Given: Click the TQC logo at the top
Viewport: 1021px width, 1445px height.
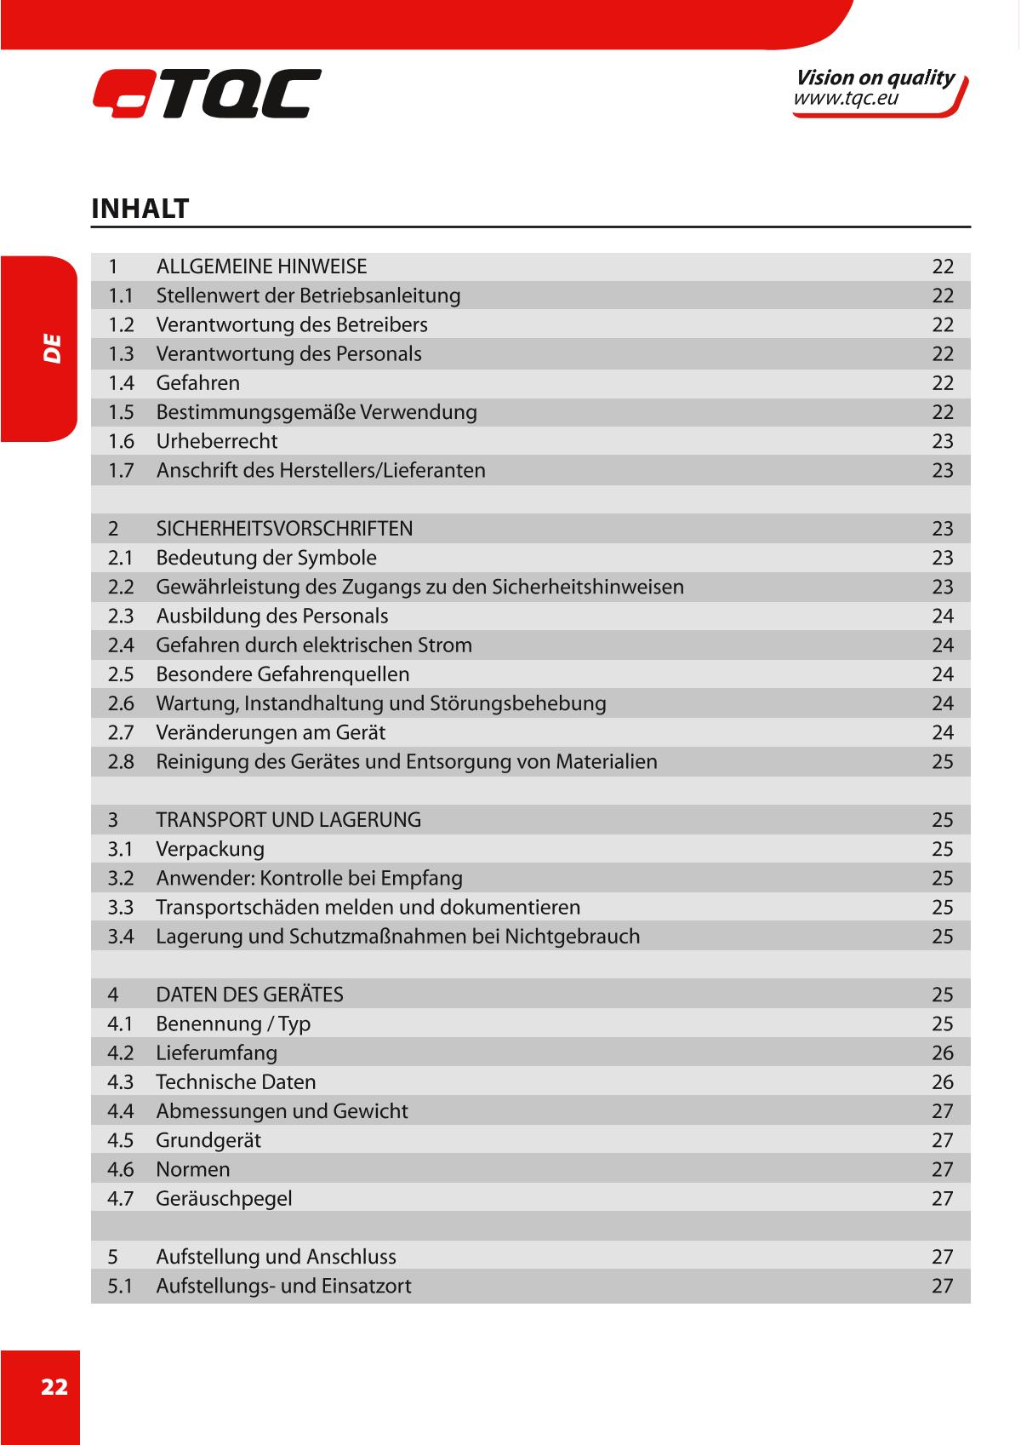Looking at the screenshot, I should click(207, 93).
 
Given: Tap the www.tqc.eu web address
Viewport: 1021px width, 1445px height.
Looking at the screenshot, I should click(846, 99).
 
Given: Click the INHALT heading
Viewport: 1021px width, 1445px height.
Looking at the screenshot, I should click(140, 209).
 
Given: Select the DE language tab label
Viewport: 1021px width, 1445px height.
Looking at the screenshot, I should click(53, 349).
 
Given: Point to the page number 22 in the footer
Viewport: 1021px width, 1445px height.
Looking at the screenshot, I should click(54, 1387).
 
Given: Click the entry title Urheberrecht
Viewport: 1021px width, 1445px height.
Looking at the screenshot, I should click(216, 441).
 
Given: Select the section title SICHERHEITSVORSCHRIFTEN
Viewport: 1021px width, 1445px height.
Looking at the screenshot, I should click(284, 529).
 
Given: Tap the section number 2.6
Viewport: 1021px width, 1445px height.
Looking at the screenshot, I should click(121, 703).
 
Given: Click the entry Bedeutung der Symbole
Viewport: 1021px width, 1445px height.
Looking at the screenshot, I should click(265, 558).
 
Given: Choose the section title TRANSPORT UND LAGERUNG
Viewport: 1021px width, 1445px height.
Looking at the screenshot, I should click(288, 820).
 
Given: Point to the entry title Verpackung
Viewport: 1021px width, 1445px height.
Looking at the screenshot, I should click(209, 849).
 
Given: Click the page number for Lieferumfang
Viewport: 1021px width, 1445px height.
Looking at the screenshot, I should click(942, 1052).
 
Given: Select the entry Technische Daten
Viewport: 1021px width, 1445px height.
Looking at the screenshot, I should click(236, 1082).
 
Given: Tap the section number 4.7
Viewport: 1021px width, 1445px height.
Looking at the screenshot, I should click(121, 1198).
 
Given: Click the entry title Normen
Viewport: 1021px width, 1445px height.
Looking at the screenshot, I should click(192, 1169).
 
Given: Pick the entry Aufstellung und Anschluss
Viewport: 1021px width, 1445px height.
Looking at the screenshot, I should click(276, 1257).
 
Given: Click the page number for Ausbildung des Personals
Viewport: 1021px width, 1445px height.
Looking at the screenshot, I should click(942, 616).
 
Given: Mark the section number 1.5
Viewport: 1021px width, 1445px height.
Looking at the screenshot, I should click(121, 412).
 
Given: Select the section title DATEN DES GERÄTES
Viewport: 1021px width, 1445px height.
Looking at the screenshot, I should click(249, 995).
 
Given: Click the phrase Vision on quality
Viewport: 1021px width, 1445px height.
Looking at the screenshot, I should click(874, 77).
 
